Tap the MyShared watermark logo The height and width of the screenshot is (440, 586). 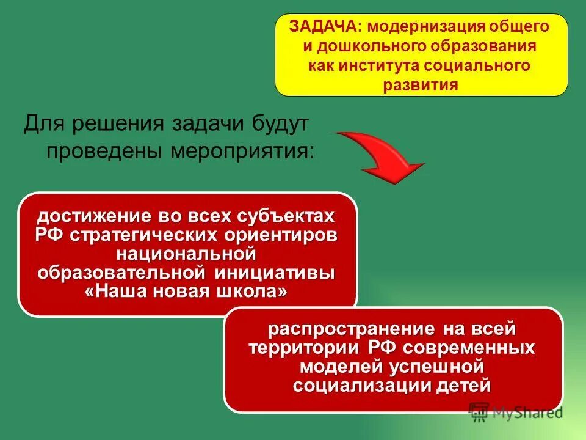516,412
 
